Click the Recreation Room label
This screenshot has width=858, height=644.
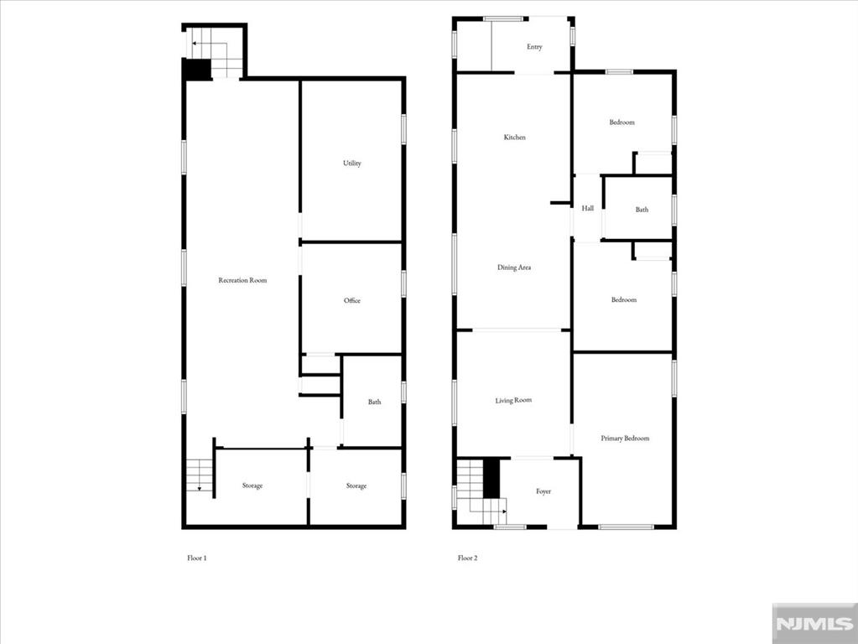coord(242,280)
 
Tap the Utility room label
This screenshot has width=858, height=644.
coord(352,164)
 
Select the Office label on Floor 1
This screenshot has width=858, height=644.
coord(352,300)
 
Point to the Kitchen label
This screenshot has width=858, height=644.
coord(515,137)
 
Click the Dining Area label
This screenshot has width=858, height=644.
coord(514,267)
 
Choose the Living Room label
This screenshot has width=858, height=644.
coord(513,401)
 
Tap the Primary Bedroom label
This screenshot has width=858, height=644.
coord(625,439)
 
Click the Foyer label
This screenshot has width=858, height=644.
coord(543,491)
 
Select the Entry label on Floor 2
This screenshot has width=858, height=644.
coord(534,47)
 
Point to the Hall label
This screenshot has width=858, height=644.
coord(588,208)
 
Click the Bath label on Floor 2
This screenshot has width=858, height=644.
coord(642,210)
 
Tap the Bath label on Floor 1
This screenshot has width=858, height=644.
coord(374,402)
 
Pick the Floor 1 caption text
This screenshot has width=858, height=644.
coord(196,558)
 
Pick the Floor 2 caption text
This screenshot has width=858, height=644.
coord(467,558)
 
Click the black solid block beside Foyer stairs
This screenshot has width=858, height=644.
coord(492,478)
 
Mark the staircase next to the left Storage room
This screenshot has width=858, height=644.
coord(200,475)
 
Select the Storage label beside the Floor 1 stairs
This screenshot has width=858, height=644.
coord(252,486)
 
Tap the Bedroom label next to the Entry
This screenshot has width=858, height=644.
coord(621,122)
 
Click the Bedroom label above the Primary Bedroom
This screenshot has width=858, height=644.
coord(623,300)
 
